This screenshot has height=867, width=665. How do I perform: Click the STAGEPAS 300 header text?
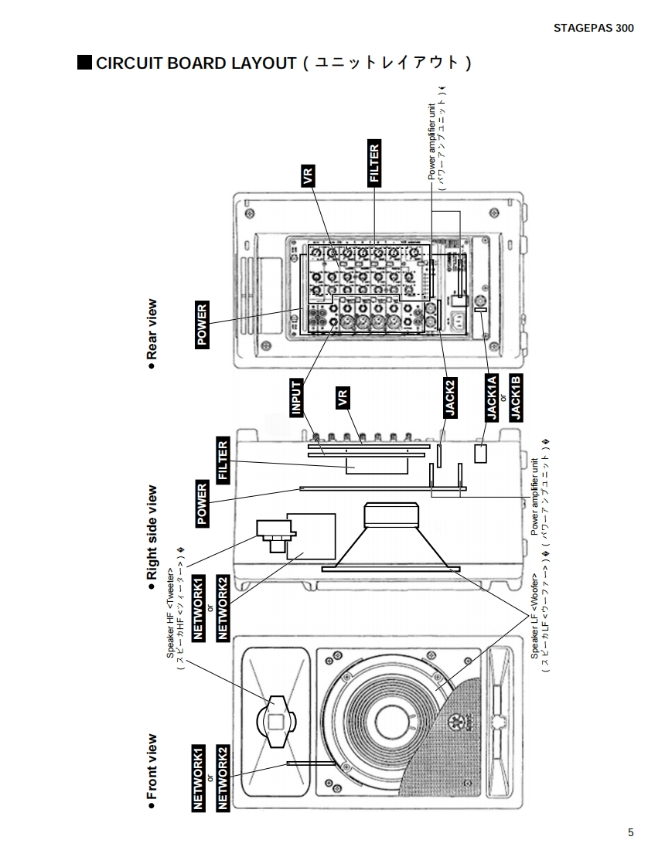point(593,28)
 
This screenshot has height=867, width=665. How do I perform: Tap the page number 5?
point(630,832)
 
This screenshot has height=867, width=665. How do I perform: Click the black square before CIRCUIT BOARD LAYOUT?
point(84,62)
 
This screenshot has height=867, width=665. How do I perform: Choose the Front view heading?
point(152,767)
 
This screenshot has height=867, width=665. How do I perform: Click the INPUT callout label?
point(296,399)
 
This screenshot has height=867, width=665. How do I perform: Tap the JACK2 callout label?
point(449,398)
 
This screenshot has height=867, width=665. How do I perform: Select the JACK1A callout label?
point(491,396)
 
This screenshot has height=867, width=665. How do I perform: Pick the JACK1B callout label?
point(517,396)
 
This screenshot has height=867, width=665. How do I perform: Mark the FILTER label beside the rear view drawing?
point(374,163)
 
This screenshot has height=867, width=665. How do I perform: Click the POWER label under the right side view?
point(203,504)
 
